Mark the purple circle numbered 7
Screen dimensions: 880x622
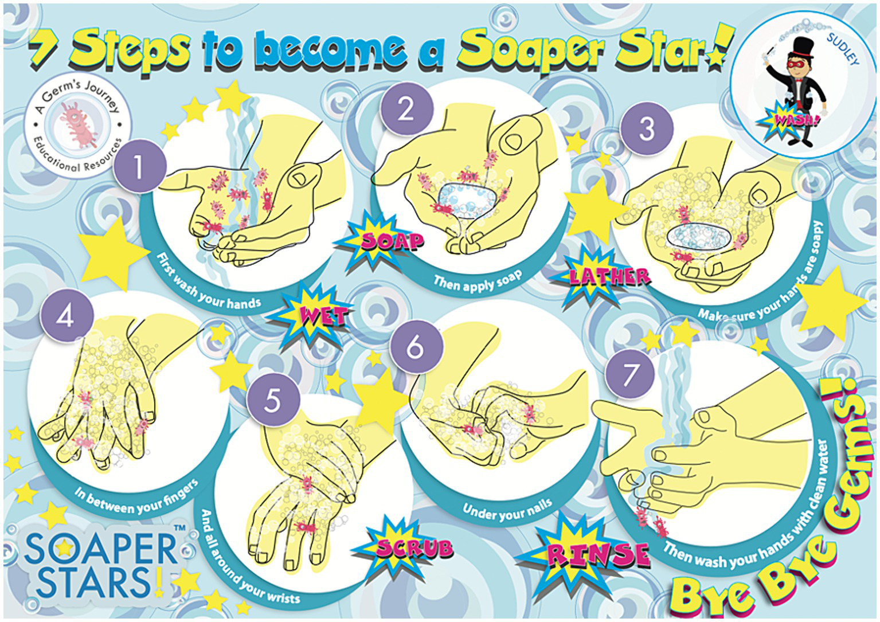tap(629, 373)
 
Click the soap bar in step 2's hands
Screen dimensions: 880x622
tap(466, 200)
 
